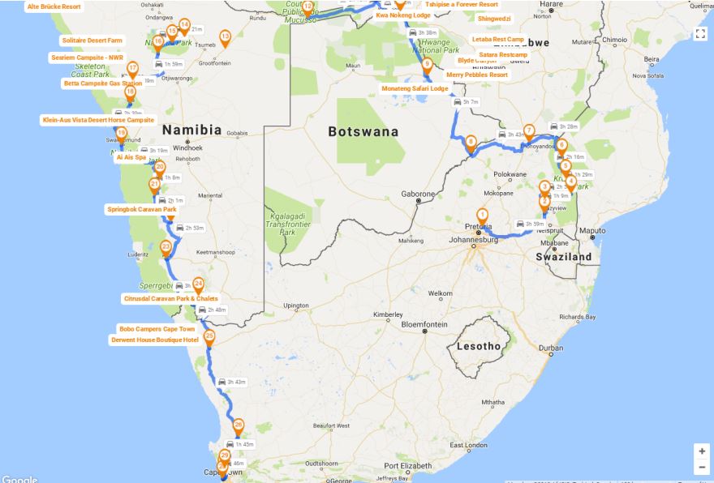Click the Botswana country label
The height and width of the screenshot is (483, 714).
point(363,131)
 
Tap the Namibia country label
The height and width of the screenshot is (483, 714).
point(191,130)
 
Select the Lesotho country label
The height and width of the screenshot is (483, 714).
point(478,346)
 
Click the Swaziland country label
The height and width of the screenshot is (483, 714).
point(563,257)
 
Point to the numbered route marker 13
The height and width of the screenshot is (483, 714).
point(225,36)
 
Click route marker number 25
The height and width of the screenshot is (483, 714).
point(209,337)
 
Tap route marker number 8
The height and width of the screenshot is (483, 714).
point(471,143)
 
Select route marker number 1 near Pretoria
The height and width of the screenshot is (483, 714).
point(482,216)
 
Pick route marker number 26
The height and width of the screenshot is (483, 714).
point(238,425)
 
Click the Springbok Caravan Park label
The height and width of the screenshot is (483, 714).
point(142,209)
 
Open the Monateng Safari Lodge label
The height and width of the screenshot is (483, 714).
point(415,88)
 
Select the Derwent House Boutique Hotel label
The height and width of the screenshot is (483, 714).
point(154,340)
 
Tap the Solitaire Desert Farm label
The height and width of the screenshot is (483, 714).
point(92,41)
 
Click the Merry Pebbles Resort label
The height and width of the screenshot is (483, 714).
point(477,75)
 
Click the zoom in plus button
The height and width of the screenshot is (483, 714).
point(701,451)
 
